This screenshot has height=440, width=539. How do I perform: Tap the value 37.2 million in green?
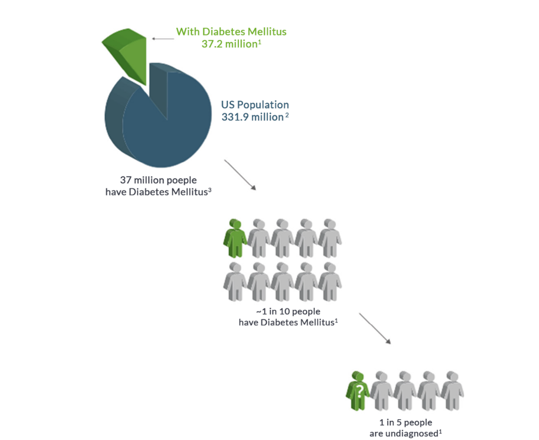click(229, 44)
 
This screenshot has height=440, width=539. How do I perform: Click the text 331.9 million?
click(253, 117)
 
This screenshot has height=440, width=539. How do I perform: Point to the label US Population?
click(255, 104)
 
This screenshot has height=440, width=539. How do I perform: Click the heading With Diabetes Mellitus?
click(231, 31)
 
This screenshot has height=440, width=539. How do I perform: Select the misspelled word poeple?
click(181, 180)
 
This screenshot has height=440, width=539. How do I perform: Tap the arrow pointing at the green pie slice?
click(163, 39)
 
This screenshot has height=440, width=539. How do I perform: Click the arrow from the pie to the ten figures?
click(240, 175)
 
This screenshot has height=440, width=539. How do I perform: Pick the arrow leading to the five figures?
click(375, 328)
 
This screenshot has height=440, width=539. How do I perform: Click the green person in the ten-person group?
click(235, 238)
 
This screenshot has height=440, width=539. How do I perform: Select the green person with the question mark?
click(357, 391)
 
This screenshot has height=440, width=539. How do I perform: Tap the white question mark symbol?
click(359, 391)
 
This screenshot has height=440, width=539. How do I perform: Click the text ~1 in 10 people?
click(288, 312)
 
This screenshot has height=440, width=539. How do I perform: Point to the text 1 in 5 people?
click(405, 422)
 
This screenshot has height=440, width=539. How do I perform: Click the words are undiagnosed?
click(403, 434)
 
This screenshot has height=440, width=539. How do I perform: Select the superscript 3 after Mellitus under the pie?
click(210, 190)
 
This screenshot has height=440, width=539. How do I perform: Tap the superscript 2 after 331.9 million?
click(286, 115)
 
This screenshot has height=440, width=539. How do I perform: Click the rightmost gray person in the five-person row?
click(452, 391)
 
